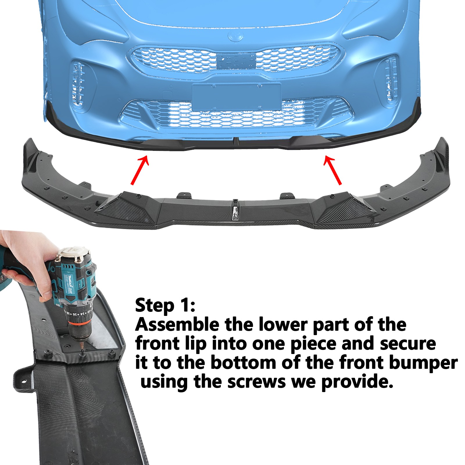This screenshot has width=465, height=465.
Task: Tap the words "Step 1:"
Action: point(165,306)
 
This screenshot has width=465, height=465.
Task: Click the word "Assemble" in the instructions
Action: point(177,325)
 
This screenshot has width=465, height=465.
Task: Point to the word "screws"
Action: point(257,382)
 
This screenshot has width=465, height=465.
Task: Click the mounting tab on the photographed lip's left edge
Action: point(22,377)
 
